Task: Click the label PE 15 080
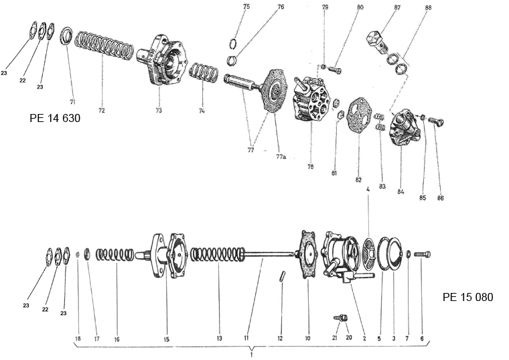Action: click(467, 296)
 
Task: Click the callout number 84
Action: click(400, 192)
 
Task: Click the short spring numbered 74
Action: click(202, 71)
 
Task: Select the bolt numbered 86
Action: click(436, 122)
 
